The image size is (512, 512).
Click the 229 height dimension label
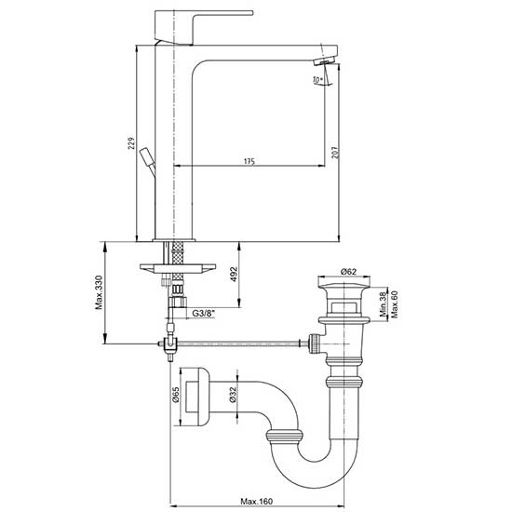(131, 143)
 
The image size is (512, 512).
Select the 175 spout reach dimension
(249, 161)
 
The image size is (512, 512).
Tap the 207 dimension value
(336, 153)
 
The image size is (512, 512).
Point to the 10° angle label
(317, 80)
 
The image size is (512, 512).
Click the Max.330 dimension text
(99, 292)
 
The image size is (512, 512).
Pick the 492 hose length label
(234, 275)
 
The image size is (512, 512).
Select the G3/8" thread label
(204, 314)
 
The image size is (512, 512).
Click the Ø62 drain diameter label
(348, 271)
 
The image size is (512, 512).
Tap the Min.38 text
(384, 304)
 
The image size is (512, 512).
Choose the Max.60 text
(395, 304)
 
